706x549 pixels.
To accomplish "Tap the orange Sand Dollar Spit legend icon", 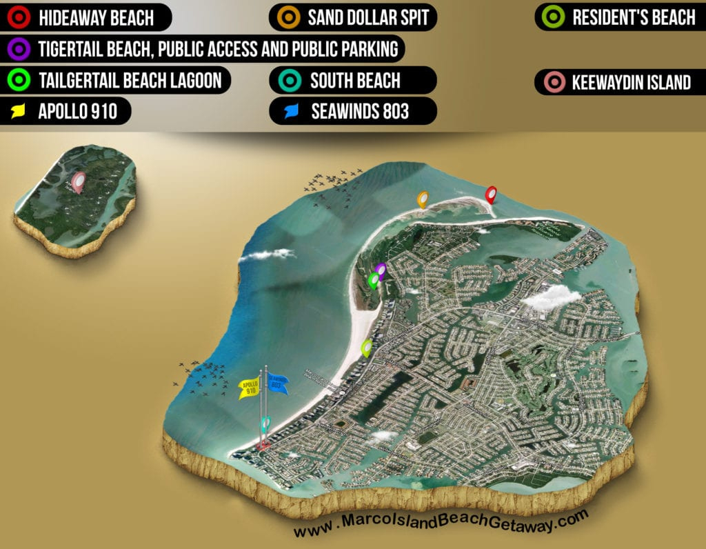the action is pyautogui.click(x=289, y=17).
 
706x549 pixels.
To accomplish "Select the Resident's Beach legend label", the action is pyautogui.click(x=633, y=17).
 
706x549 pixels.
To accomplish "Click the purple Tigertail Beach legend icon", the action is pyautogui.click(x=19, y=49).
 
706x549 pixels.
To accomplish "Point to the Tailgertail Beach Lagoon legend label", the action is pyautogui.click(x=130, y=80).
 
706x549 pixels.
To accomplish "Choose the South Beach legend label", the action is pyautogui.click(x=354, y=80).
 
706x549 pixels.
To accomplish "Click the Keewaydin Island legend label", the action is pyautogui.click(x=630, y=83).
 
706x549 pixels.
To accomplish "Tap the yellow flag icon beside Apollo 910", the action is pyautogui.click(x=20, y=110).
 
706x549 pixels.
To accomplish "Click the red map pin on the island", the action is pyautogui.click(x=491, y=195).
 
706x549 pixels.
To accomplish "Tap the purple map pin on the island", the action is pyautogui.click(x=381, y=270).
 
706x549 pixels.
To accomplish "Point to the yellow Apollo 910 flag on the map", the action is pyautogui.click(x=250, y=388).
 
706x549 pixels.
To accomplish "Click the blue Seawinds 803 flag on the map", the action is pyautogui.click(x=277, y=384).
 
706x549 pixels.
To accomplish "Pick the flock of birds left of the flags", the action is pyautogui.click(x=205, y=376).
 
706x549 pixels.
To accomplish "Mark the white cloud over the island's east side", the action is pyautogui.click(x=552, y=297).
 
